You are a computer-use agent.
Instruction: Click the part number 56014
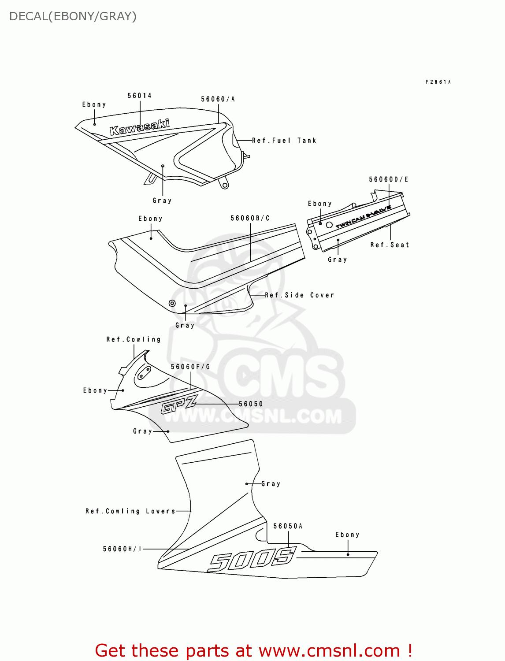tap(140, 96)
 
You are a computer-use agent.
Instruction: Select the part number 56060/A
tap(218, 99)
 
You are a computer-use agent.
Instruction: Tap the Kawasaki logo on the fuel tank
tap(140, 127)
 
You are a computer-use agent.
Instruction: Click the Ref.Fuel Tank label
tap(284, 141)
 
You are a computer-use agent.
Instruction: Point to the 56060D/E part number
tap(389, 179)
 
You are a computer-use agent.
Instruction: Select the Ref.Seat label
tap(390, 245)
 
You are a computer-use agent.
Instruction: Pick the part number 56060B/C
tap(250, 218)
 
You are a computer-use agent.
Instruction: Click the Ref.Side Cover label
tap(300, 295)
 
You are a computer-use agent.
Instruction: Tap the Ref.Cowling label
tap(134, 339)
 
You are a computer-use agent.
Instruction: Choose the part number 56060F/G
tap(190, 367)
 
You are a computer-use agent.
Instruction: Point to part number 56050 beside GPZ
tap(251, 404)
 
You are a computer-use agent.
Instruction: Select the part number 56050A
tap(288, 526)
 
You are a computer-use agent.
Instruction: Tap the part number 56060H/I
tap(123, 549)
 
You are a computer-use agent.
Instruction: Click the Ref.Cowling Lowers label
tap(130, 511)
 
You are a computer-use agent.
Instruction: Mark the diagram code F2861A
tap(438, 82)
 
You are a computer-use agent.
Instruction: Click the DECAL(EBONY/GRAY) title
tap(73, 16)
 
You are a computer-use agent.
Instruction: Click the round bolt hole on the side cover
tap(172, 303)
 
